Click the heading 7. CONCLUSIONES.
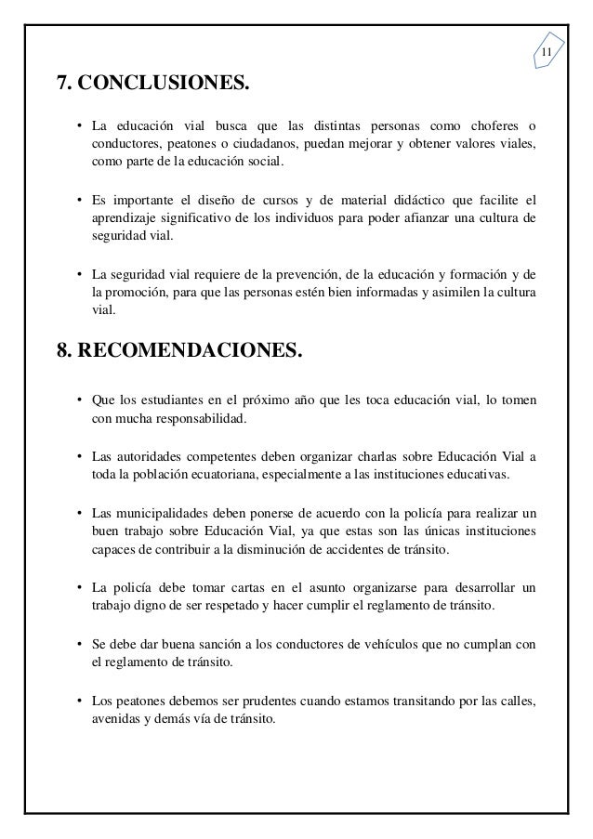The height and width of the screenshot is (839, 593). tap(153, 86)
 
